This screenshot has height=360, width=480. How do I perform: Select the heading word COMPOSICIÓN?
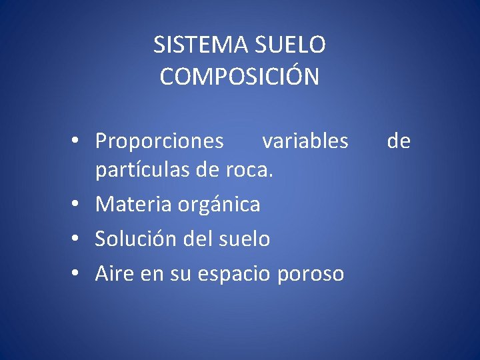click(240, 77)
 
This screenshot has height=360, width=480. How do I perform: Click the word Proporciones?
click(159, 141)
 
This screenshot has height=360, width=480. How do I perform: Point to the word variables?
click(305, 141)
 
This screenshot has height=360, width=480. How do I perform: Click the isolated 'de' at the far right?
click(399, 141)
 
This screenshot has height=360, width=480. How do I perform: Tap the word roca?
click(251, 171)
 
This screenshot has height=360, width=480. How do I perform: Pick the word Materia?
click(134, 205)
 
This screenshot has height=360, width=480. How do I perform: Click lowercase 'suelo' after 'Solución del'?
click(245, 239)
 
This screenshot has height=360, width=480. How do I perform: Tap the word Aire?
click(114, 273)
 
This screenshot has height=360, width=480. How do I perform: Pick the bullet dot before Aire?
click(78, 273)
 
